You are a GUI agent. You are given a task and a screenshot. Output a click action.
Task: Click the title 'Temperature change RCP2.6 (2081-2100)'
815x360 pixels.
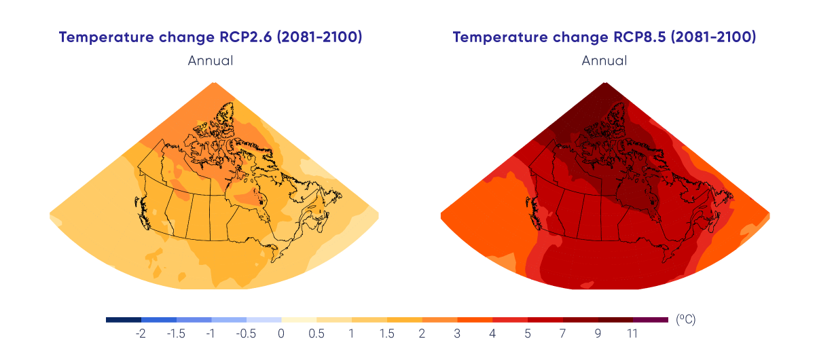[x=211, y=37]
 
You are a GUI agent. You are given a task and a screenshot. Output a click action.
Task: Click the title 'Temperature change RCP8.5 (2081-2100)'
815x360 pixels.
[x=604, y=37]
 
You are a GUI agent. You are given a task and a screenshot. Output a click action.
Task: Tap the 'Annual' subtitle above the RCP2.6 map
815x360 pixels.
[x=211, y=60]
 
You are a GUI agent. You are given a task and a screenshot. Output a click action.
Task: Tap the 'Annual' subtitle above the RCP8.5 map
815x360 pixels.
[x=604, y=60]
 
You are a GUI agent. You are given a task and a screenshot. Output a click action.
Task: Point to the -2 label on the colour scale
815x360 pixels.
[x=141, y=334]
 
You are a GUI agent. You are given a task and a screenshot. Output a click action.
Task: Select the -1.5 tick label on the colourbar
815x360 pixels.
[x=176, y=334]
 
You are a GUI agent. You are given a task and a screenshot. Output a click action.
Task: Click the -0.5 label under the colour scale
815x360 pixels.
[x=246, y=334]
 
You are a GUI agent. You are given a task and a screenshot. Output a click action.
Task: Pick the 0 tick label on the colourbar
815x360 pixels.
[x=281, y=334]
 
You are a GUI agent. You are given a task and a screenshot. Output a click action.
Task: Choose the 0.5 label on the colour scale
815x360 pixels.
[x=316, y=334]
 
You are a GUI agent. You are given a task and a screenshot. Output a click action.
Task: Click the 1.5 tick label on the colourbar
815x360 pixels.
[x=386, y=334]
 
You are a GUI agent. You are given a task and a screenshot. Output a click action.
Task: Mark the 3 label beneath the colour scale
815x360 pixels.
[x=457, y=334]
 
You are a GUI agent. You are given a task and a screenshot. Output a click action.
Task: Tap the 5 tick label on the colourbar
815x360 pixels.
[x=527, y=334]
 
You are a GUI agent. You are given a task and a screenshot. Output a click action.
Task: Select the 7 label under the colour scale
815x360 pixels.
[x=562, y=334]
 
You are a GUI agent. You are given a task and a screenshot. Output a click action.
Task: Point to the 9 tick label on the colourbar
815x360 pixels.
[x=598, y=334]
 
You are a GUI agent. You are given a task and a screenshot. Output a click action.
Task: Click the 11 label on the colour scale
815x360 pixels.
[x=632, y=334]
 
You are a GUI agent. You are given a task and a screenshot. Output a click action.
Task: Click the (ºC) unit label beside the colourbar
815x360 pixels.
[x=686, y=319]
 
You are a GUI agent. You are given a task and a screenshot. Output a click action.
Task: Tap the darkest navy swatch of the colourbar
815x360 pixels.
[x=124, y=319]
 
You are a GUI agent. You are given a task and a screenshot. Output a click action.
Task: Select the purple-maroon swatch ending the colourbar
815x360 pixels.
[x=651, y=319]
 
